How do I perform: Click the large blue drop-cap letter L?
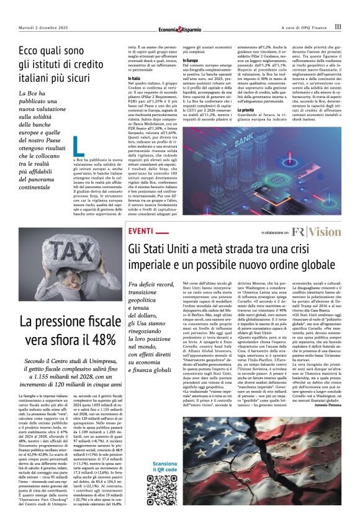(78, 145)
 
